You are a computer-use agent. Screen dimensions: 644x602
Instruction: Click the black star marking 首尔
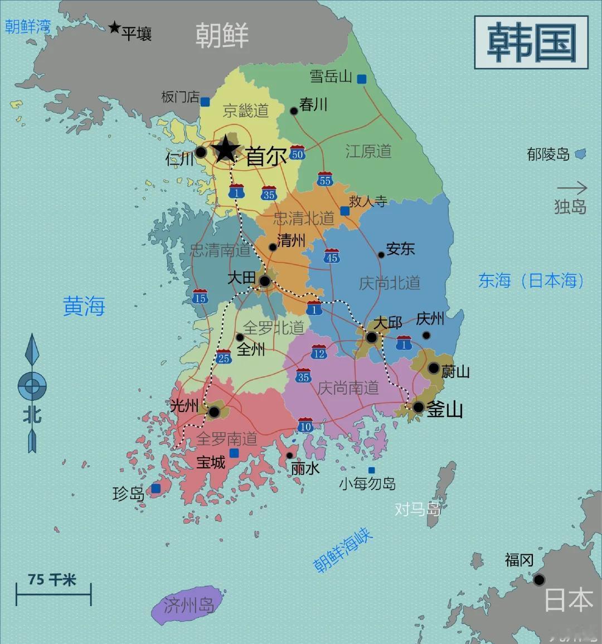pyautogui.click(x=226, y=149)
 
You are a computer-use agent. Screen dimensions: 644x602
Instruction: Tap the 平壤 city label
pyautogui.click(x=137, y=34)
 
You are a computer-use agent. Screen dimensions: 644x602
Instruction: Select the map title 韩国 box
pyautogui.click(x=531, y=42)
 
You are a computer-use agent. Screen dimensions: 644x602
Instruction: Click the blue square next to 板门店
pyautogui.click(x=205, y=102)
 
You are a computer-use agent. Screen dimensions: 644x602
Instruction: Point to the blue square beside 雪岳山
pyautogui.click(x=362, y=79)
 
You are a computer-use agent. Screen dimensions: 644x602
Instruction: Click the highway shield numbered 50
pyautogui.click(x=297, y=153)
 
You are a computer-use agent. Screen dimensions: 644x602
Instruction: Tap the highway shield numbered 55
pyautogui.click(x=325, y=179)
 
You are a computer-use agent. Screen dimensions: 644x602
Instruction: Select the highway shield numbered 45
pyautogui.click(x=332, y=256)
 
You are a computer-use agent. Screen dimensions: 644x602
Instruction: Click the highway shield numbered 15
pyautogui.click(x=200, y=297)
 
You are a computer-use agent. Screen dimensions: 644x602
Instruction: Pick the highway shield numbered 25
pyautogui.click(x=224, y=357)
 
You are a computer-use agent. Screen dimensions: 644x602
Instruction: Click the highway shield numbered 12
pyautogui.click(x=319, y=352)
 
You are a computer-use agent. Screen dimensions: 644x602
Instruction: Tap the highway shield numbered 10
pyautogui.click(x=305, y=425)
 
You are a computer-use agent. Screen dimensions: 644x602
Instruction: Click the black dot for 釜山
pyautogui.click(x=418, y=408)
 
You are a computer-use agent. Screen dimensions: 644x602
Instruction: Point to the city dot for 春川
pyautogui.click(x=294, y=111)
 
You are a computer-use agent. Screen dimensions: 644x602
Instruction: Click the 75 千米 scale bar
pyautogui.click(x=54, y=595)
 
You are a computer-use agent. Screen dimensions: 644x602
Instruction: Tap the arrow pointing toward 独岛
pyautogui.click(x=572, y=188)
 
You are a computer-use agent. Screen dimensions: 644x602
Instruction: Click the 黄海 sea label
pyautogui.click(x=84, y=306)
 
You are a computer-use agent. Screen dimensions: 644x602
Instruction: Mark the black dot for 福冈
pyautogui.click(x=538, y=580)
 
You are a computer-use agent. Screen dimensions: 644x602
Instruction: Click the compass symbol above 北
pyautogui.click(x=32, y=385)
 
